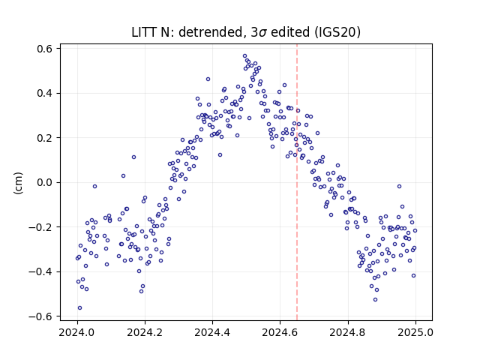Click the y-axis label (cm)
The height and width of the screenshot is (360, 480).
tap(18, 183)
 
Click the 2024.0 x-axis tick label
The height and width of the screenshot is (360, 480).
tap(77, 332)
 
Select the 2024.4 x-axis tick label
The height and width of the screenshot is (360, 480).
tap(212, 332)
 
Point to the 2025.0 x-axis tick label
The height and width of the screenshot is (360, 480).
tap(415, 332)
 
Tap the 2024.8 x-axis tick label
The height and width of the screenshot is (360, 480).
tap(348, 332)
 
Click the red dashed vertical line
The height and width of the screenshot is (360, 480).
tap(297, 182)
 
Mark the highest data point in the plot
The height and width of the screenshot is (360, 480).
tap(245, 56)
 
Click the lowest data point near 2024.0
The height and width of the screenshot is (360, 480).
tap(79, 308)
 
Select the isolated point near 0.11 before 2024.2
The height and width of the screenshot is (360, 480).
tap(133, 157)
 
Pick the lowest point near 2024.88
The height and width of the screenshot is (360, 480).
tap(375, 300)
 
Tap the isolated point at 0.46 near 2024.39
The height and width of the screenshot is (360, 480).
tap(208, 79)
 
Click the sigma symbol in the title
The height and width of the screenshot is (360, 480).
tap(263, 33)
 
